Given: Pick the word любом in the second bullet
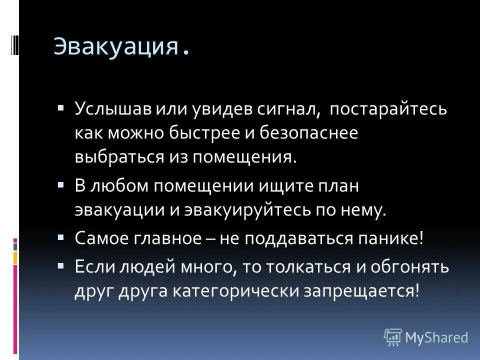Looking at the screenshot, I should [x=119, y=185].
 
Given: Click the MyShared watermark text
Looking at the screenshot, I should [x=436, y=337].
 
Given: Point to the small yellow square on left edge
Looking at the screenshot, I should [x=15, y=257].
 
